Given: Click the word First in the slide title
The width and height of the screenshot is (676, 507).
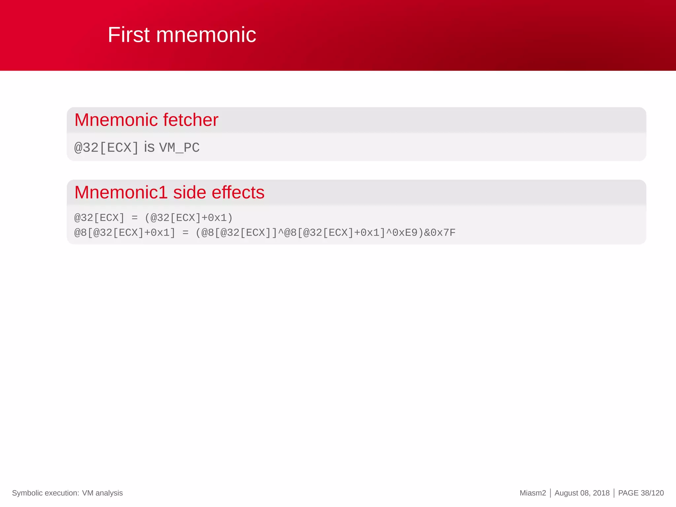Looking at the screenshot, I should [x=129, y=35].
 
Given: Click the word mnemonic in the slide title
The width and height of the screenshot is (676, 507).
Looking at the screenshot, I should [x=206, y=35].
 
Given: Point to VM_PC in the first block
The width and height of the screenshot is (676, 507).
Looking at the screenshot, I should [x=179, y=148].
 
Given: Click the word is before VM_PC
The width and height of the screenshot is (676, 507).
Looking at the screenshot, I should [x=149, y=147].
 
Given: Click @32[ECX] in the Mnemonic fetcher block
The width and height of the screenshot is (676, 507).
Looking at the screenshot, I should [x=106, y=148].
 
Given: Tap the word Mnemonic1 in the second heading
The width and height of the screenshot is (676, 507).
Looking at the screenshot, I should [x=121, y=192].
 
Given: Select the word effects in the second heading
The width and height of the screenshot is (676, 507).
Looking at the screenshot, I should [x=238, y=192].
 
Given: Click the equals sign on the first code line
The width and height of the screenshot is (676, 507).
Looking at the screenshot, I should [x=134, y=218].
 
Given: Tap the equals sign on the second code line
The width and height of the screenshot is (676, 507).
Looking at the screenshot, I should [x=186, y=233].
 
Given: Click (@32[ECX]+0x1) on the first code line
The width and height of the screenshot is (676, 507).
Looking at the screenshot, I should [x=189, y=218].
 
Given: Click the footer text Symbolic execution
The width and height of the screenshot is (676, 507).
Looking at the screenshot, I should [x=45, y=493].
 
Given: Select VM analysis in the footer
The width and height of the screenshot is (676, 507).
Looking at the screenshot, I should [x=102, y=493].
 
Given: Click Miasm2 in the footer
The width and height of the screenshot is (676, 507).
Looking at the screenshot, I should [x=532, y=493].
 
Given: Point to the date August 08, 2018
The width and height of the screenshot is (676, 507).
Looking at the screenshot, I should [x=582, y=493].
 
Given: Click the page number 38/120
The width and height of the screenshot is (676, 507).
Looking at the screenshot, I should [x=652, y=493].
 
